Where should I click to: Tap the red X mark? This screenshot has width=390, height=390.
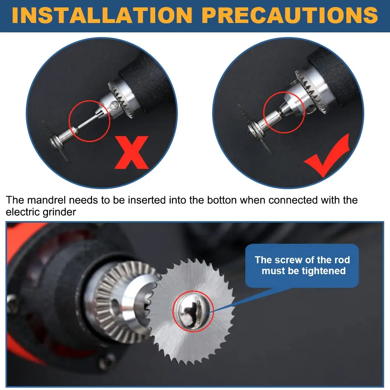pyautogui.click(x=131, y=152)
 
